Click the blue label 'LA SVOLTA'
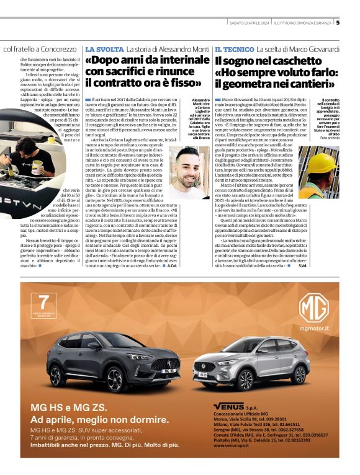click(x=104, y=49)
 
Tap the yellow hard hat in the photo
click(x=323, y=163)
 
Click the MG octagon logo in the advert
click(x=313, y=309)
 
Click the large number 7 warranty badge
click(x=43, y=303)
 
